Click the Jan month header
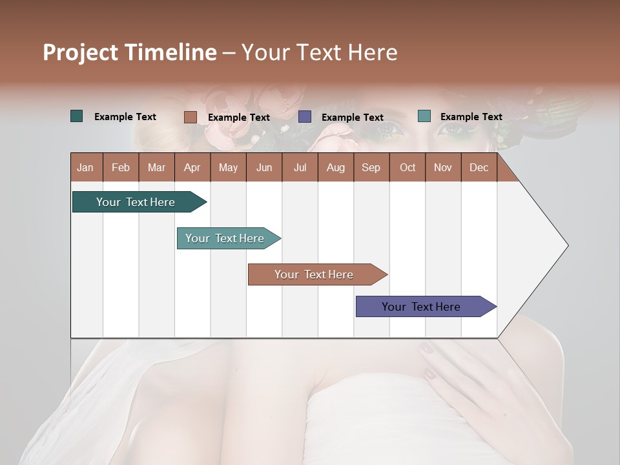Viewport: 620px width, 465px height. pos(85,168)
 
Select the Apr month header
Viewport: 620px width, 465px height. pos(192,168)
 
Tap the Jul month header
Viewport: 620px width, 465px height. pos(300,168)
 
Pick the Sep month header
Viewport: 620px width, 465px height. pos(371,168)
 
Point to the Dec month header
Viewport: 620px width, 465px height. pos(479,168)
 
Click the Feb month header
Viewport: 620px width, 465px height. pos(121,168)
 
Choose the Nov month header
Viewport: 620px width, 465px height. pos(443,168)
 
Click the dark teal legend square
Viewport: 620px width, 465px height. pos(77,116)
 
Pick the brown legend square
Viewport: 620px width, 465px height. pos(190,117)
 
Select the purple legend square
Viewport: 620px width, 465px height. pos(305,117)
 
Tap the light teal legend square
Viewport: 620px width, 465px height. pos(424,116)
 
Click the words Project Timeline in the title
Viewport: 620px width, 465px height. pos(129,52)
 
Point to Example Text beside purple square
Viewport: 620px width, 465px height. pos(353,118)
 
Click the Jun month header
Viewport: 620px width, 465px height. pos(264,168)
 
